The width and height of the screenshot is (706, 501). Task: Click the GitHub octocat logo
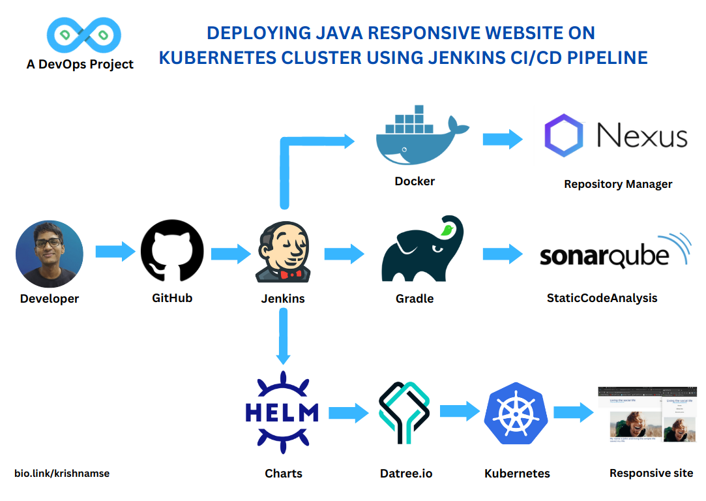[172, 251]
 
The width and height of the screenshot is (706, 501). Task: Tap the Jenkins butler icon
[282, 252]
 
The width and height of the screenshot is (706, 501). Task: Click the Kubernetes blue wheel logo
[515, 414]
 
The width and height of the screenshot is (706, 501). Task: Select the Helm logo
[282, 412]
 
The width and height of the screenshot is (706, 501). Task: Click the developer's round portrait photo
[50, 254]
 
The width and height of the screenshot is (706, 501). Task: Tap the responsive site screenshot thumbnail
[649, 416]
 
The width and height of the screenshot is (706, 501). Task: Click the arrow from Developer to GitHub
[115, 252]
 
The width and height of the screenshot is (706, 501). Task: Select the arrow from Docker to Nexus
[503, 139]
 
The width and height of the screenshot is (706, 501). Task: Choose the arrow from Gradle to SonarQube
[503, 254]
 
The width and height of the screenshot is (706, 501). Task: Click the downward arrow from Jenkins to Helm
[283, 336]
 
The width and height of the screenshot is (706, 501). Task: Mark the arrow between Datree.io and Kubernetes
[460, 411]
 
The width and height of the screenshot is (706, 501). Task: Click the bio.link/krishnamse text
[62, 474]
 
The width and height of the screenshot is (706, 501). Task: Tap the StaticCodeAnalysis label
[602, 298]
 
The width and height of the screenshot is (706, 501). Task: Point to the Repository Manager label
[617, 184]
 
